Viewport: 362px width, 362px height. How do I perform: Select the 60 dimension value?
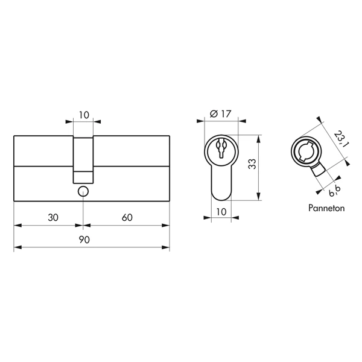pyautogui.click(x=127, y=218)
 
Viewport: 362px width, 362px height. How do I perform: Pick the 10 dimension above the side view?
pyautogui.click(x=84, y=114)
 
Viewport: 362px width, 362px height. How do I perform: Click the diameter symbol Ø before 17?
pyautogui.click(x=214, y=114)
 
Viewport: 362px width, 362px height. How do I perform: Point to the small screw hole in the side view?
pyautogui.click(x=83, y=191)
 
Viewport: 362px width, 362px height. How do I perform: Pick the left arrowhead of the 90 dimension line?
pyautogui.click(x=16, y=247)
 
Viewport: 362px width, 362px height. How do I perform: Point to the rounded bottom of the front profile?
pyautogui.click(x=221, y=195)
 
